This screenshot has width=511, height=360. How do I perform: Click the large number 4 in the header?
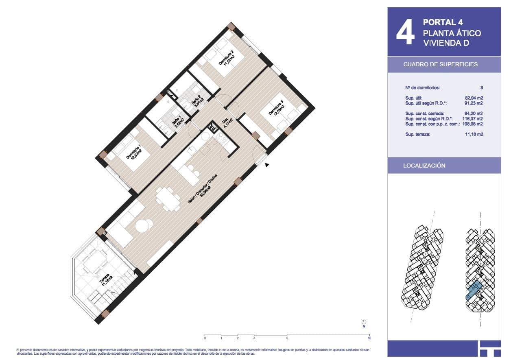[405, 33]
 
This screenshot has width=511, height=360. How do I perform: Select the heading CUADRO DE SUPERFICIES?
[440, 64]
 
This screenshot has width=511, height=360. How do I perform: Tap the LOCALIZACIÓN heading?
[424, 166]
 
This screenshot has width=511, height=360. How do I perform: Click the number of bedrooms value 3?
[481, 87]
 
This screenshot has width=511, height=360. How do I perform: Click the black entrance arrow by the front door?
[267, 165]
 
